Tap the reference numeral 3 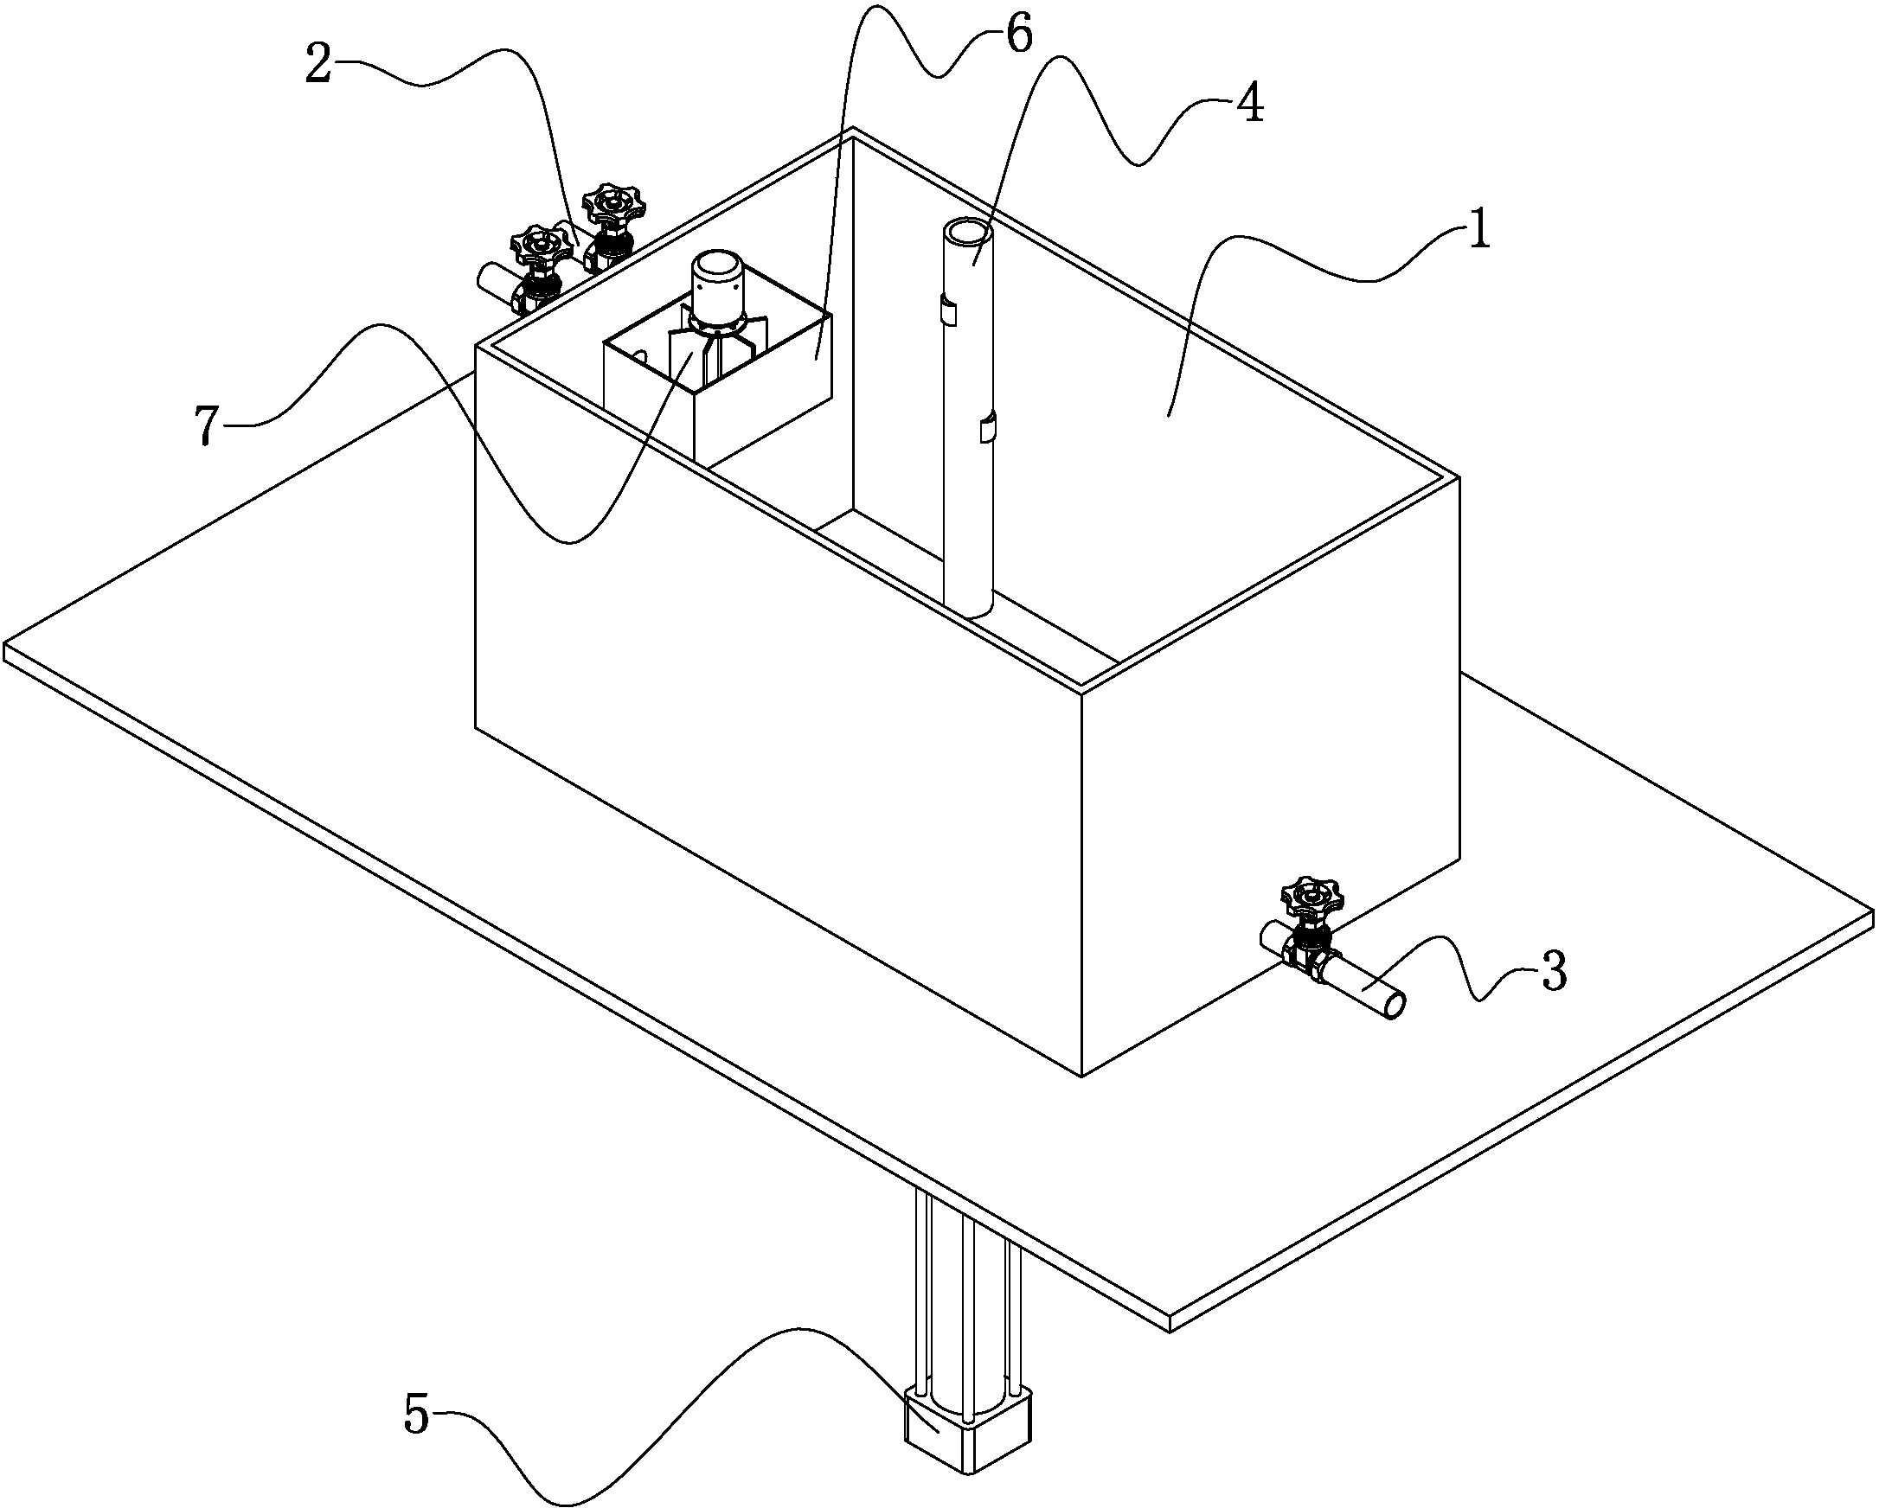(1554, 973)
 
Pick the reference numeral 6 (1017, 35)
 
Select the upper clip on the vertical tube (948, 310)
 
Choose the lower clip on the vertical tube (986, 429)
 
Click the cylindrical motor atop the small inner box (715, 283)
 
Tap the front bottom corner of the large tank (1081, 1076)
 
